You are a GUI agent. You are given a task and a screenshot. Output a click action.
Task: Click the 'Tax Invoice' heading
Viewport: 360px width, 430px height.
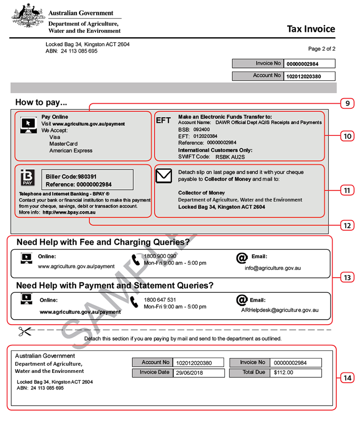(x=311, y=29)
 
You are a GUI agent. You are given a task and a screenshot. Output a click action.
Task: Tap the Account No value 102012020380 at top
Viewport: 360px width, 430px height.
(x=304, y=76)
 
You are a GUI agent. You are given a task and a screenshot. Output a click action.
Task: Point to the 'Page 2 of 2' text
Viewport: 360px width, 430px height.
(x=321, y=49)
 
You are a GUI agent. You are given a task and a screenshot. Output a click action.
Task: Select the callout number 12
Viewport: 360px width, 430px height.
(x=347, y=225)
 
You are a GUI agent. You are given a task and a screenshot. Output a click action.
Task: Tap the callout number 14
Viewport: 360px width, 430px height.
(x=347, y=378)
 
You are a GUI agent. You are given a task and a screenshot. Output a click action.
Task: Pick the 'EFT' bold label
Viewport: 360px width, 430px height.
(x=163, y=121)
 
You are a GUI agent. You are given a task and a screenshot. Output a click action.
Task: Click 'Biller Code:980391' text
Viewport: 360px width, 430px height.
(x=71, y=177)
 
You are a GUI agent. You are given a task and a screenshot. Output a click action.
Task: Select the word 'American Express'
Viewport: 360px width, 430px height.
(x=71, y=151)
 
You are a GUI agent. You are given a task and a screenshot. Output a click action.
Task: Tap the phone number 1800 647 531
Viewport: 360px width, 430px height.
(x=160, y=300)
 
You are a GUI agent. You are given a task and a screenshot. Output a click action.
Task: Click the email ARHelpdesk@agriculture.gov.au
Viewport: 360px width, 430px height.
(x=280, y=310)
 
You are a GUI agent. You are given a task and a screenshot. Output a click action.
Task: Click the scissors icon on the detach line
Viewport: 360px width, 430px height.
(x=25, y=332)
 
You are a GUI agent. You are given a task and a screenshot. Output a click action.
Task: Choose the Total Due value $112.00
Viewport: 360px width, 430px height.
(x=283, y=372)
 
